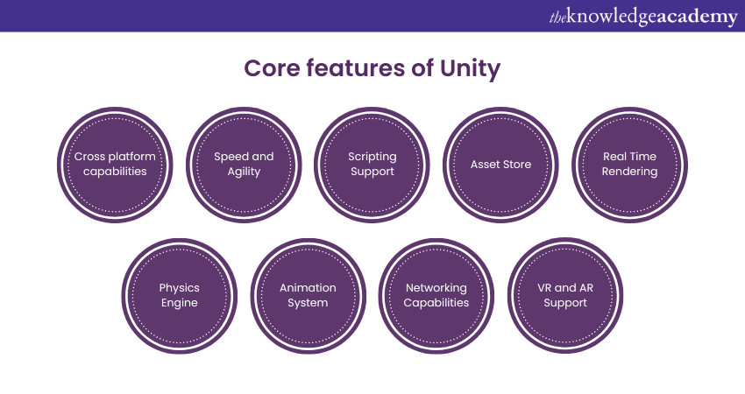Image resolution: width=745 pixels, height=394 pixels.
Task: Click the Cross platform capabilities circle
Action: (115, 164)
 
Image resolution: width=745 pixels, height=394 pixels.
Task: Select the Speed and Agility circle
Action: (244, 164)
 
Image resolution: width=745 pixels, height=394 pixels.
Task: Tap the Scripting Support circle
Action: (372, 164)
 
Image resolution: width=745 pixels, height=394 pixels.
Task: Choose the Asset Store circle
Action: (500, 164)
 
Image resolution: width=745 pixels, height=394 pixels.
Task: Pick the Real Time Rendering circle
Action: (629, 164)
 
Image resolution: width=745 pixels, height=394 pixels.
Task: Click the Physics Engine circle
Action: (179, 295)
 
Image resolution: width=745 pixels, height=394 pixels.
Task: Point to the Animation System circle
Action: (308, 295)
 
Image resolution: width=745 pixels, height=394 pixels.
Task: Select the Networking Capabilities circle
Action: (436, 295)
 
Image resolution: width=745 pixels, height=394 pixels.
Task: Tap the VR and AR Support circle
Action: (564, 295)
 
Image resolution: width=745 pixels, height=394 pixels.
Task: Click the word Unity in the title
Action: (471, 68)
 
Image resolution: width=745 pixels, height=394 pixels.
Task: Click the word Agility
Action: (244, 172)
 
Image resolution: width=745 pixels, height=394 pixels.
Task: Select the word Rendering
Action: (629, 172)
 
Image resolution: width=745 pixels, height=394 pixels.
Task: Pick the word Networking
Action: (436, 287)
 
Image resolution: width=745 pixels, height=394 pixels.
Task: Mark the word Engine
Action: (179, 303)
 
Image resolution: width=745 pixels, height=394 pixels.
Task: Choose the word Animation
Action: (308, 287)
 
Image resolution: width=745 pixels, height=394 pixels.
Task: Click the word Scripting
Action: (372, 157)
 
